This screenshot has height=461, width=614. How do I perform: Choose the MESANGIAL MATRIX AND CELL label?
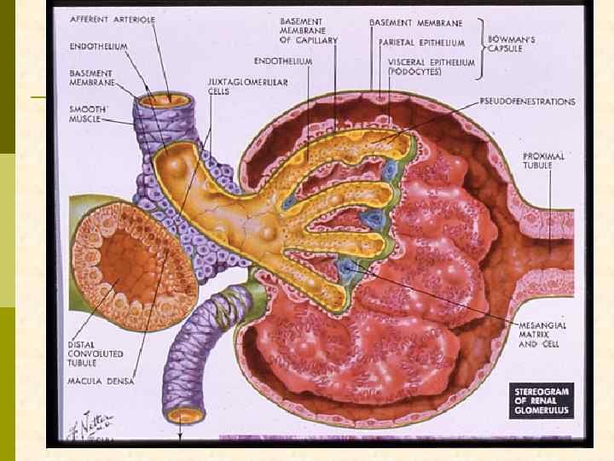click(543, 334)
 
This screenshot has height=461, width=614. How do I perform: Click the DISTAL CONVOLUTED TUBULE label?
click(95, 353)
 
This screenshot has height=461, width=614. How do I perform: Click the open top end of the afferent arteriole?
click(165, 100)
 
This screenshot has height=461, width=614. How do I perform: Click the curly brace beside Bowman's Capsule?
click(483, 36)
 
